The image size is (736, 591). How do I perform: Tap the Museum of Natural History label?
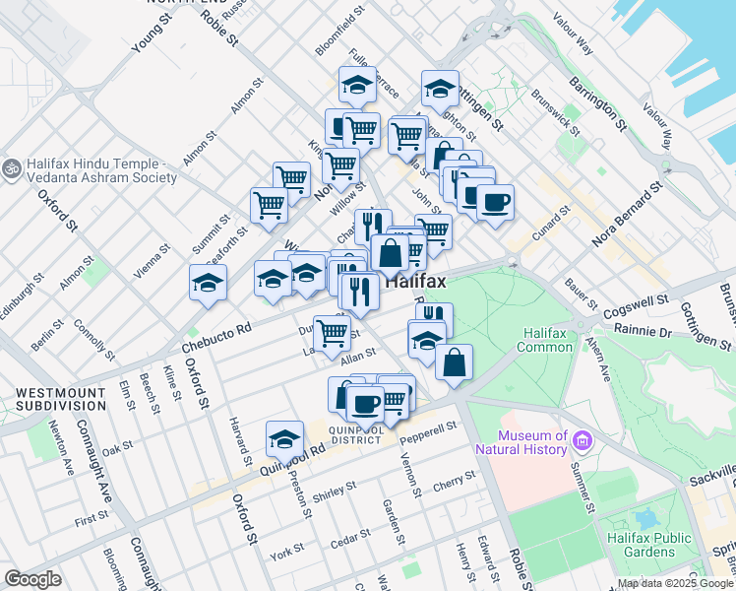[x=533, y=443]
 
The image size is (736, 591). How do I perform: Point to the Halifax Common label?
[x=545, y=340]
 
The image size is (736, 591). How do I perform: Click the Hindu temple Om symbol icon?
[x=12, y=169]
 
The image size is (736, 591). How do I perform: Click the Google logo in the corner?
[x=33, y=579]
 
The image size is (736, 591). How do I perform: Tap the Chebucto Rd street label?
[x=216, y=340]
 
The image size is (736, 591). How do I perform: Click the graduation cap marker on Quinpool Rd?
[x=284, y=438]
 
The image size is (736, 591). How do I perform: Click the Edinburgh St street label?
[x=23, y=293]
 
